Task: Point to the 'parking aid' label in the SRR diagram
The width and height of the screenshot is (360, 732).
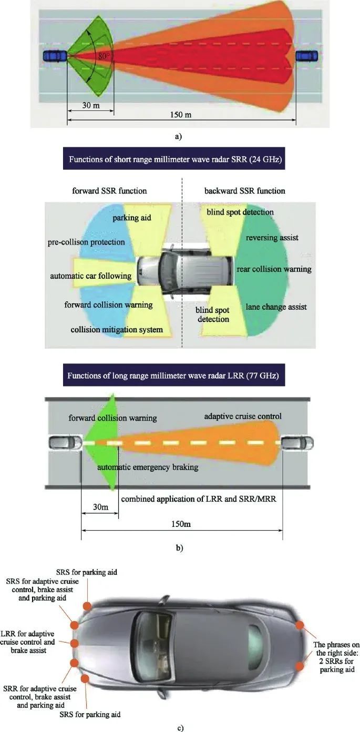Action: [x=131, y=217]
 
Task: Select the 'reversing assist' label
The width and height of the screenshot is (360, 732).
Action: [x=272, y=238]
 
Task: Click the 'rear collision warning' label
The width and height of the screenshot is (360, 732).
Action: [x=274, y=269]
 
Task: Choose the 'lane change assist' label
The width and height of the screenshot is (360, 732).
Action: [x=276, y=306]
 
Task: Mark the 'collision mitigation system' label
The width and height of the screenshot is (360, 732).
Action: [x=117, y=330]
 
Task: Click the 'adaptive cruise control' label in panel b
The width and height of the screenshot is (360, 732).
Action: [x=243, y=416]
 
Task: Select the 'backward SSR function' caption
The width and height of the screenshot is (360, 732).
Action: [x=245, y=190]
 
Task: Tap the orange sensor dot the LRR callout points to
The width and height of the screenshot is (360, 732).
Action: [x=75, y=643]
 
